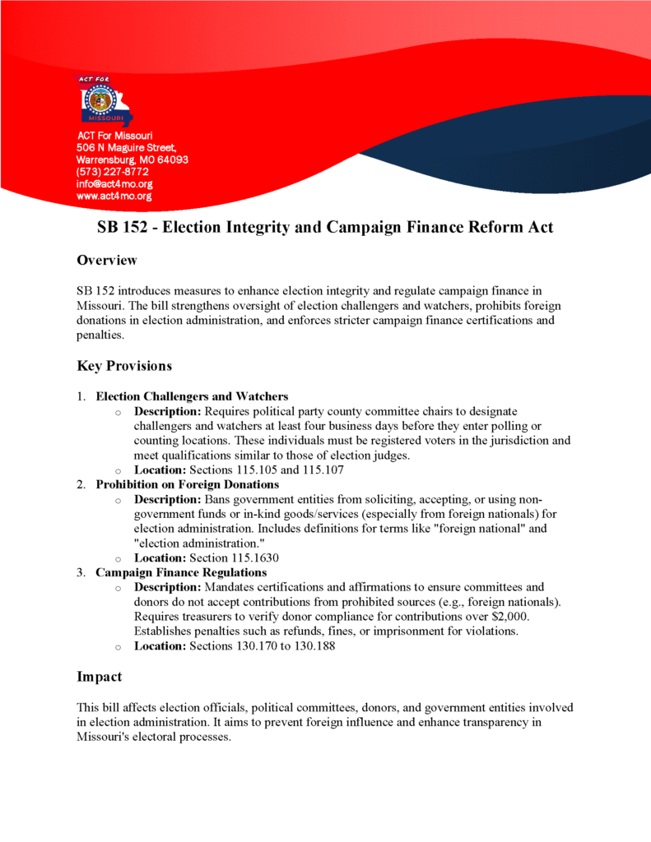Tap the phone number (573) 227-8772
coord(113,172)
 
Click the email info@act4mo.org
coord(114,184)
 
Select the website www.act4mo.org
coord(114,197)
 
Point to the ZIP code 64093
coord(172,160)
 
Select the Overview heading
coord(106,261)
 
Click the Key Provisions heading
coord(124,365)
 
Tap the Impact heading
coord(99,677)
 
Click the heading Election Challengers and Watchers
coord(192,396)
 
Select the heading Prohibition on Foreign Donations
coord(188,484)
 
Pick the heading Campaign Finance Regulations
coord(181,572)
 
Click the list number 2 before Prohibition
coord(81,484)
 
